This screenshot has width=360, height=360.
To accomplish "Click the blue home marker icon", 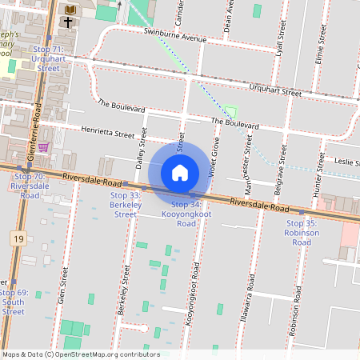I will pos(180,172).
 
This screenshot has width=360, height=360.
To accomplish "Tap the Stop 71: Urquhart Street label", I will pos(48,59).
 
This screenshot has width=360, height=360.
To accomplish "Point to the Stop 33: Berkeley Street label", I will pos(125,205).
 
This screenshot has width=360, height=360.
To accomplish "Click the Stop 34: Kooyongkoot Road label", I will pos(186,214).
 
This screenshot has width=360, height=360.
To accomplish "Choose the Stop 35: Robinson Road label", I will pos(301,232).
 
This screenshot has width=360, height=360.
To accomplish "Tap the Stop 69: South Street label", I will pos(14,302).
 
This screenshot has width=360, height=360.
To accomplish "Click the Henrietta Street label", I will pos(108,133).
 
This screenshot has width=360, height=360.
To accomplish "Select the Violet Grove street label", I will pos(214,158).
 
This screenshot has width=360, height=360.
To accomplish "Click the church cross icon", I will pos(70,23).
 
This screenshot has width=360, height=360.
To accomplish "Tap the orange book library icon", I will pos(70,9).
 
